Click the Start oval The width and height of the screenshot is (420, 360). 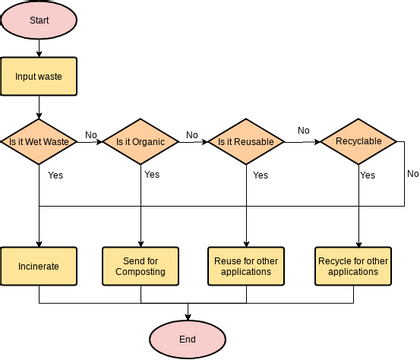[38, 20]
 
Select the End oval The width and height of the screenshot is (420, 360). [187, 339]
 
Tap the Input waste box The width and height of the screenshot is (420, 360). [38, 76]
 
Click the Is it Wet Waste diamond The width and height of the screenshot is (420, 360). [38, 142]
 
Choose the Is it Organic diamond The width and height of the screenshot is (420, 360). [140, 142]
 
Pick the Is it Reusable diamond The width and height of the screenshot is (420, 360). [246, 142]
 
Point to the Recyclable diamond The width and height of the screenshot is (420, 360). [358, 142]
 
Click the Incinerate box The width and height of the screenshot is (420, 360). [38, 267]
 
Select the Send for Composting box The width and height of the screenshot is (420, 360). [140, 267]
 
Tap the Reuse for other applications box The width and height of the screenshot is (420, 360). [246, 267]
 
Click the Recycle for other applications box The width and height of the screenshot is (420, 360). [353, 267]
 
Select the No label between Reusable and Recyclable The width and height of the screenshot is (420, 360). [303, 131]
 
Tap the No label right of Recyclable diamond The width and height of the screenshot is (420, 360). [412, 173]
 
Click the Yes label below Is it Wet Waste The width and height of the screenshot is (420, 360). [56, 174]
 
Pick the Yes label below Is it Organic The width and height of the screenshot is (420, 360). [151, 174]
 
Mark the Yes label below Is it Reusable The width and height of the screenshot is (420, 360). [260, 175]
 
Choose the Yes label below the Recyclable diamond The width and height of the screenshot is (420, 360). [367, 175]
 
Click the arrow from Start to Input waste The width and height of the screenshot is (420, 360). [38, 46]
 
